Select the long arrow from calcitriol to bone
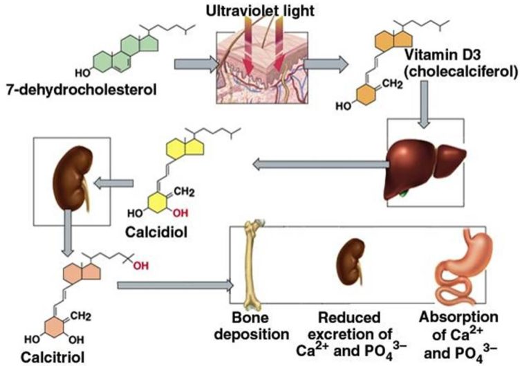click(x=176, y=284)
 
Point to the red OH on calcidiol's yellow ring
click(x=182, y=211)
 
